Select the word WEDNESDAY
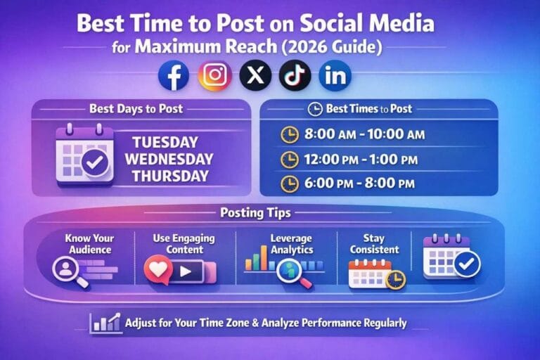(165, 158)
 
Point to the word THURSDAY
(165, 174)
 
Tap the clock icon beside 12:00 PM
(289, 160)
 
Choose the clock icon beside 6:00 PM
(289, 184)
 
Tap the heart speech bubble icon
(159, 269)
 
